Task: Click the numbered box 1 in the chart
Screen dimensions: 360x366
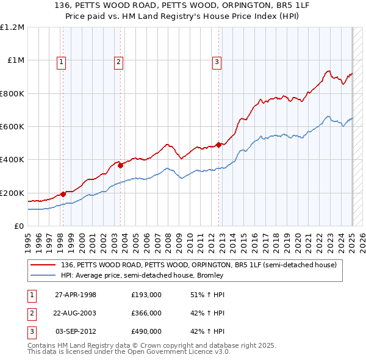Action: click(x=63, y=61)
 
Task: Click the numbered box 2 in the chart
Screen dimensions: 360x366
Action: click(x=118, y=61)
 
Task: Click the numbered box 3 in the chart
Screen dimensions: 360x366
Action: click(x=217, y=61)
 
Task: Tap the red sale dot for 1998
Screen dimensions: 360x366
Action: click(x=63, y=194)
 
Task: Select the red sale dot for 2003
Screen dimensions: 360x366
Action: click(x=121, y=165)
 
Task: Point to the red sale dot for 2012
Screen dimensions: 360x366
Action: click(x=218, y=145)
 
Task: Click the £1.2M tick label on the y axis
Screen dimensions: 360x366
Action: click(x=12, y=27)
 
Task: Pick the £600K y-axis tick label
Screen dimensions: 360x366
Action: click(x=12, y=127)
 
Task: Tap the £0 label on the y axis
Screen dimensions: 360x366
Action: click(x=19, y=226)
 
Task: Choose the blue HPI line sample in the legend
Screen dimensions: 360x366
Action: click(x=44, y=275)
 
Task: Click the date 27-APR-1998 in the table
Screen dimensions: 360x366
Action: click(x=76, y=295)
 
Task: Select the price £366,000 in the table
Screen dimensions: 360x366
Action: click(x=146, y=313)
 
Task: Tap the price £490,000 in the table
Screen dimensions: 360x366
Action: click(x=146, y=331)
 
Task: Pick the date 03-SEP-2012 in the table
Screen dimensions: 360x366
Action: click(x=76, y=331)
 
